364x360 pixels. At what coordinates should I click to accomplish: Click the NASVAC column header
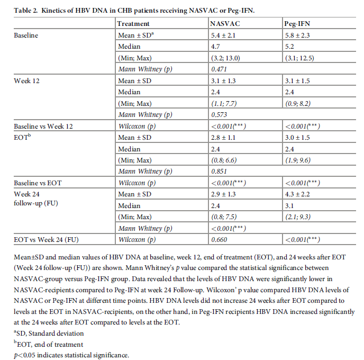(x=224, y=23)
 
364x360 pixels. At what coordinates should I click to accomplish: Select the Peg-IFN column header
(x=297, y=23)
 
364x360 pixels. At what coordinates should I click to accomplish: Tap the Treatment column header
(x=133, y=23)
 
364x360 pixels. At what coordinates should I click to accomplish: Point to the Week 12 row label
(x=26, y=80)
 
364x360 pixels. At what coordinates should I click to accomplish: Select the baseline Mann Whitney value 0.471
(x=219, y=69)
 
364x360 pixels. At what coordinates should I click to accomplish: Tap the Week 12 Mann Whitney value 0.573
(x=219, y=115)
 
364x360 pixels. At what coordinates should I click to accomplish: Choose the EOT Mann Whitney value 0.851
(x=219, y=171)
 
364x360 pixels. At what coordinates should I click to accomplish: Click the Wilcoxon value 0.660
(x=219, y=240)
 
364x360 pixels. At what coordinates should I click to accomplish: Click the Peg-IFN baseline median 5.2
(x=289, y=46)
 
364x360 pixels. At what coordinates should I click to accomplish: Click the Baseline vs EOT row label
(x=38, y=183)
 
